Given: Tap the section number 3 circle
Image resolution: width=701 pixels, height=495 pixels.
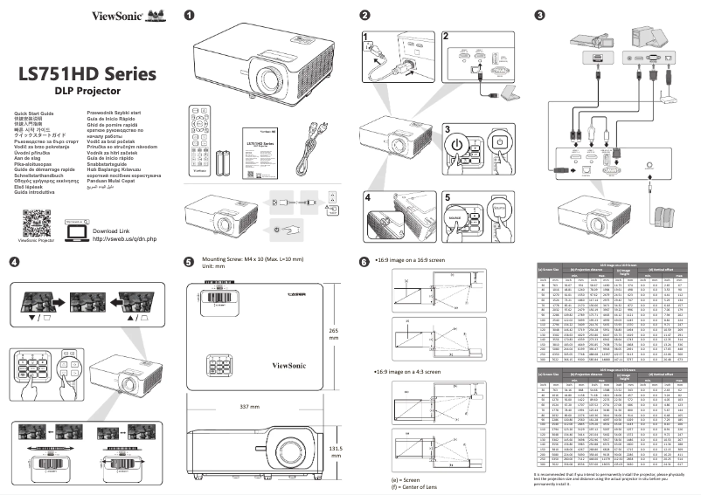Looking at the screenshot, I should click(540, 15).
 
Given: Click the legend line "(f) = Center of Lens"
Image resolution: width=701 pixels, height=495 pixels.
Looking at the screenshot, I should click(412, 489).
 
